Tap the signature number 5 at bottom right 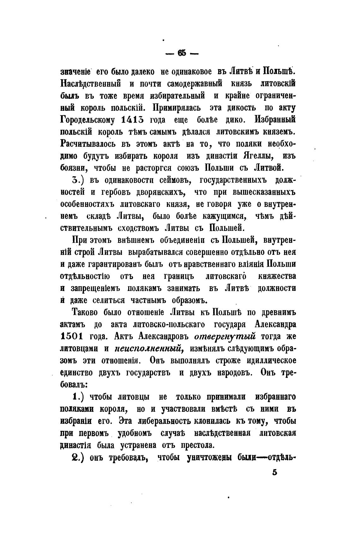274,473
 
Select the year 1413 133,120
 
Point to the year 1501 71,336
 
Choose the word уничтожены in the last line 209,457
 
